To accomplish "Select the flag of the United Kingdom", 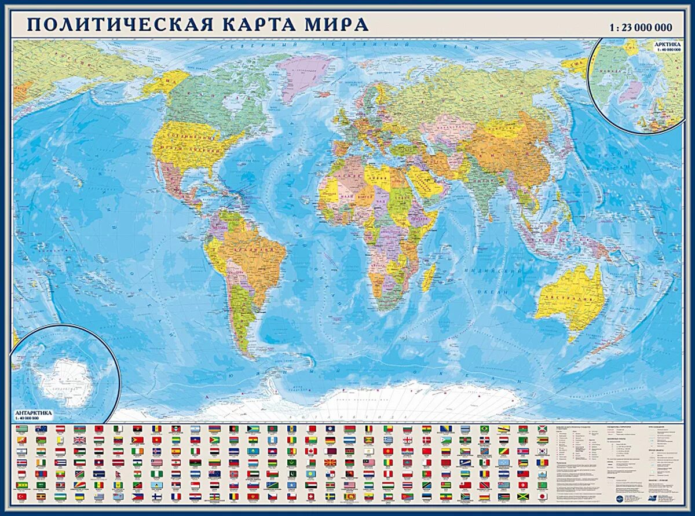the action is [79, 440].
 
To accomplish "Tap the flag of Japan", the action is [542, 496].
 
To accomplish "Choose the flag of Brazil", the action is [484, 429].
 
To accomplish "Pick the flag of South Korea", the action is [542, 451].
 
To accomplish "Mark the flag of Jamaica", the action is [523, 496].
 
